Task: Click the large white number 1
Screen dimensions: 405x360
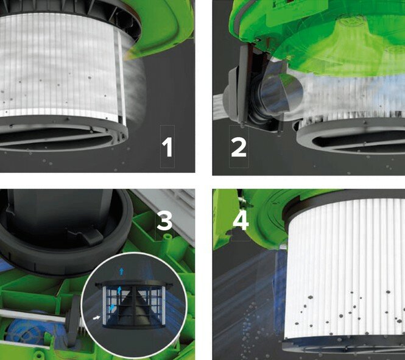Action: (167, 147)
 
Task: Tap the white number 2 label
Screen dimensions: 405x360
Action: (239, 147)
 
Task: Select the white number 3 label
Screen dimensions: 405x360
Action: (164, 221)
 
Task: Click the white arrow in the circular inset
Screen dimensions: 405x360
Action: (96, 318)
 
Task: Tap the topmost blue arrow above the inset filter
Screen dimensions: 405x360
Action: (121, 271)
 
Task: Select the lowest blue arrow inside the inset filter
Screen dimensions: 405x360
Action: (112, 308)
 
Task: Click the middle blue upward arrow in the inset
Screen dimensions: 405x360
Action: (119, 291)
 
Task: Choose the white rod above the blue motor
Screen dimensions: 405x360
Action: (32, 316)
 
